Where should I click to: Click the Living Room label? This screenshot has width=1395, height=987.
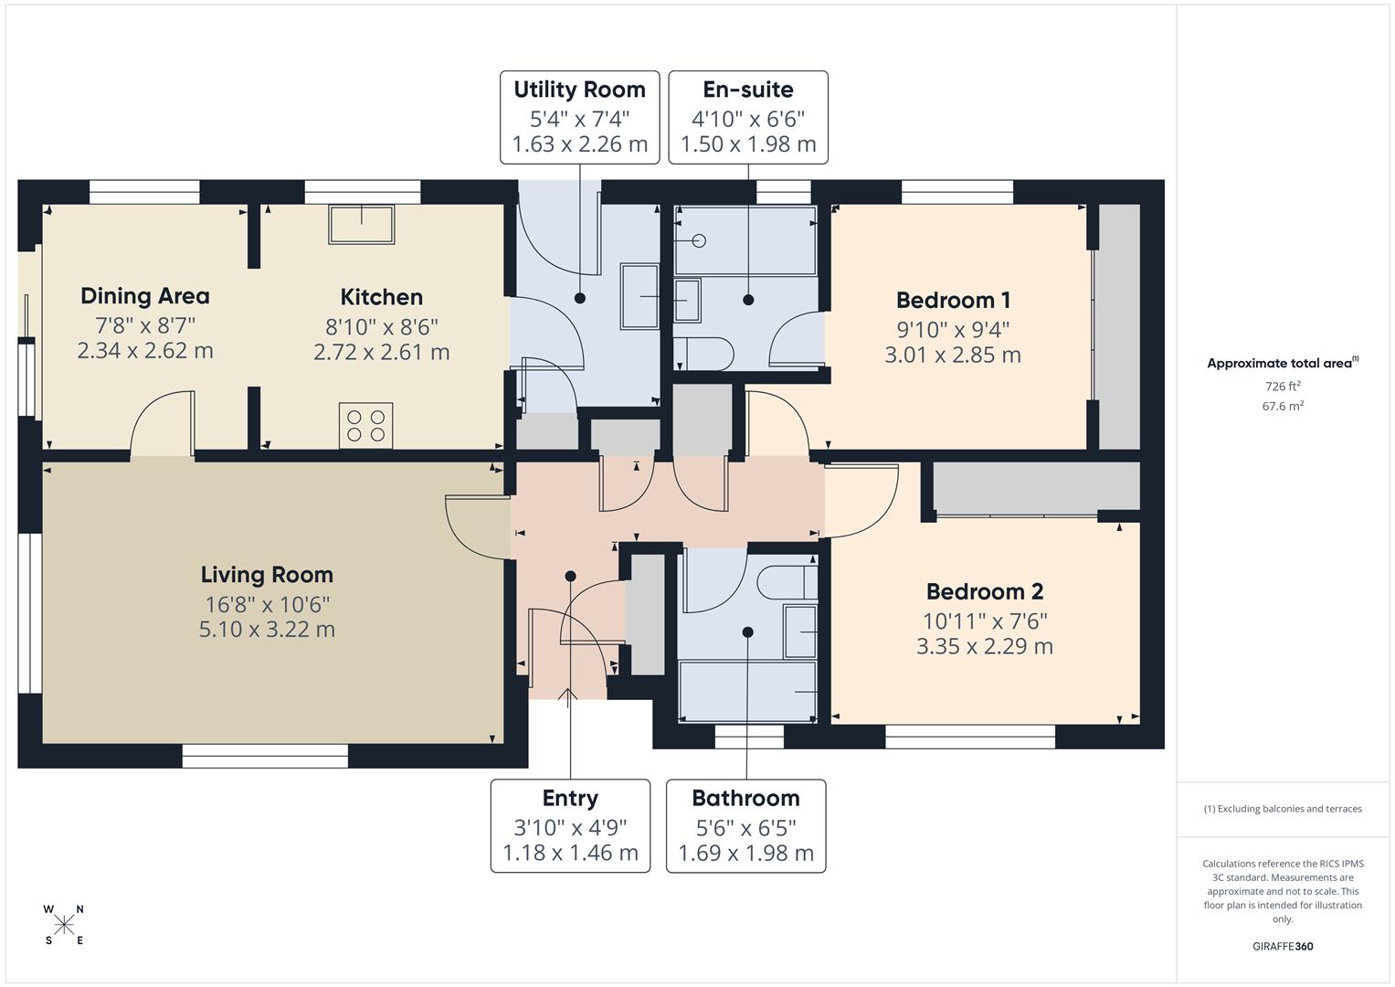(x=267, y=575)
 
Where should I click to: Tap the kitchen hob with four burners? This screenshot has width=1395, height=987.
(x=366, y=426)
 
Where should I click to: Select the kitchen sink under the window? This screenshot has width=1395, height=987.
(x=362, y=224)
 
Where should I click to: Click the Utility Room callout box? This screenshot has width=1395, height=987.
(x=579, y=117)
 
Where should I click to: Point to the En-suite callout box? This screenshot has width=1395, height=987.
(x=748, y=117)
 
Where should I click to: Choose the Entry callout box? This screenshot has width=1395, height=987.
(x=570, y=825)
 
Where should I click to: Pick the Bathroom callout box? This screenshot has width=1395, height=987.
(x=745, y=825)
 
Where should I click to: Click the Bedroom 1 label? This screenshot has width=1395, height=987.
(x=953, y=300)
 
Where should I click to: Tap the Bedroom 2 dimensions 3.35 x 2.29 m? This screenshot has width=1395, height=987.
(x=985, y=647)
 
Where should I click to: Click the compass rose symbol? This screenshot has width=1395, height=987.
(x=64, y=925)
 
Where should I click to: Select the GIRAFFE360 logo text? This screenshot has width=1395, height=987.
(x=1283, y=947)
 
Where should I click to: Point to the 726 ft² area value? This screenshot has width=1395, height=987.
(x=1283, y=387)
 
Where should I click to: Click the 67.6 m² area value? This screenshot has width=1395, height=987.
(x=1283, y=407)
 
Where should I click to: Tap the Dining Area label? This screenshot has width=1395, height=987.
(x=145, y=296)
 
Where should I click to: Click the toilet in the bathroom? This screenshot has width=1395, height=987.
(x=787, y=582)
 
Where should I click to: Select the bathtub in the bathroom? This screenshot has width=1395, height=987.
(x=747, y=693)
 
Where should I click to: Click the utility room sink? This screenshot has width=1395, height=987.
(x=640, y=296)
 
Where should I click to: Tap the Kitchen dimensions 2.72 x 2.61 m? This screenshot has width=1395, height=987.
(x=381, y=353)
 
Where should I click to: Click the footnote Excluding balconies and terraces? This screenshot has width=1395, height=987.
(x=1283, y=809)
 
